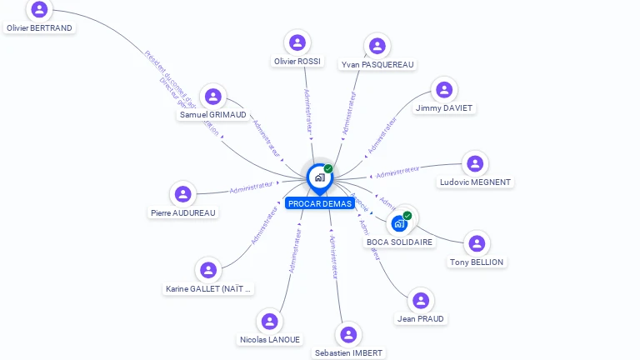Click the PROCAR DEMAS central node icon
319,177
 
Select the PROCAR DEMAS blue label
319,203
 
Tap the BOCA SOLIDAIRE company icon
399,223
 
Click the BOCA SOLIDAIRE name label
400,242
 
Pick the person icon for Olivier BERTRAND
39,10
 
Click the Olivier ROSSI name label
297,61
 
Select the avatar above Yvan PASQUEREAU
377,46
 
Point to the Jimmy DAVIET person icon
444,89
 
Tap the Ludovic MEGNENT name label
475,182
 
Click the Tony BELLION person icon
477,243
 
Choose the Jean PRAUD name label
422,318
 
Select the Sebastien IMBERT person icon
348,335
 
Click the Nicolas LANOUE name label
270,339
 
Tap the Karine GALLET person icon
208,270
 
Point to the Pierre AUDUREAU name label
183,212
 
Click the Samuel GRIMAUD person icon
213,97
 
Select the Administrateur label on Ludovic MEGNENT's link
397,172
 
